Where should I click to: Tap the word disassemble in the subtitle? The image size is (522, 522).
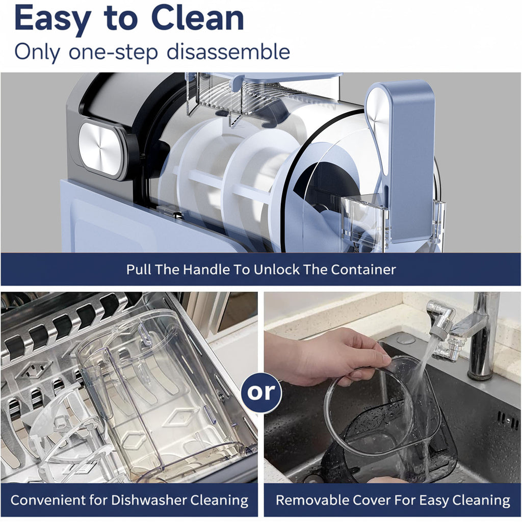[228, 52]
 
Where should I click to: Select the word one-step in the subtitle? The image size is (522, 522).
[113, 53]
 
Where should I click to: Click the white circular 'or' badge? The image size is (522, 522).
[262, 392]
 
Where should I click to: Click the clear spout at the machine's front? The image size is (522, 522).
[363, 220]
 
